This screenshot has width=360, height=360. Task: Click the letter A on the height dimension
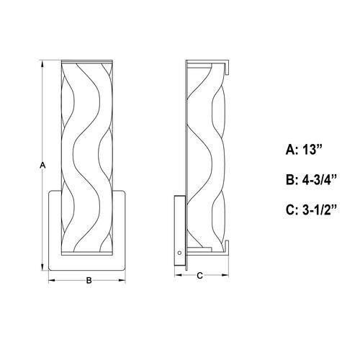pyautogui.click(x=42, y=165)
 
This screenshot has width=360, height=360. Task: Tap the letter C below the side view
pyautogui.click(x=199, y=274)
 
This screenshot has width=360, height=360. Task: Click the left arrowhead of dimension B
pyautogui.click(x=50, y=279)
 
